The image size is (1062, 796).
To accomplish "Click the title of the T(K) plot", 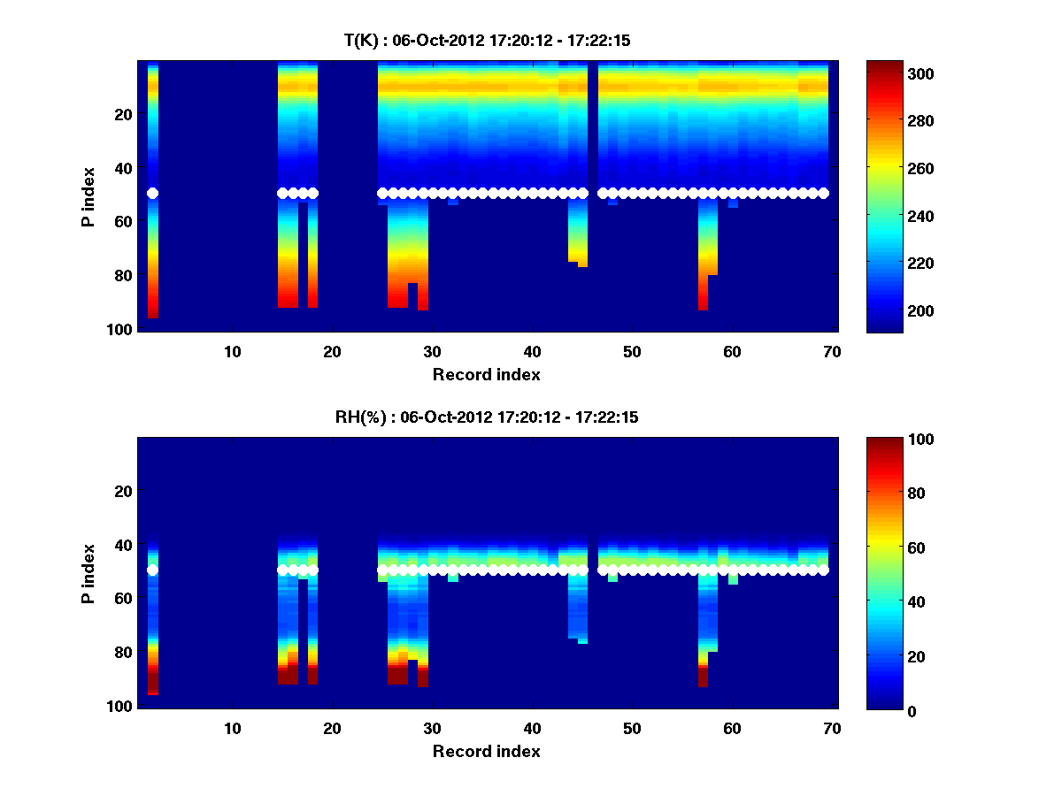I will [x=487, y=40].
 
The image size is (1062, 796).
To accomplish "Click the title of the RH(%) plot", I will [x=487, y=417].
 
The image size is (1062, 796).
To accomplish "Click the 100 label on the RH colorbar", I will [x=889, y=440].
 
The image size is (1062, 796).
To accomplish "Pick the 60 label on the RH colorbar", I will [x=886, y=548].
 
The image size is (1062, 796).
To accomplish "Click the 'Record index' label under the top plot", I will [x=487, y=374].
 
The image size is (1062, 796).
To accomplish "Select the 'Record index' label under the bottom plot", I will [x=487, y=751].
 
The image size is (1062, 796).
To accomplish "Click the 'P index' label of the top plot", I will [x=88, y=196].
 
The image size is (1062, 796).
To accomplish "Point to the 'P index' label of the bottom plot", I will [x=88, y=573].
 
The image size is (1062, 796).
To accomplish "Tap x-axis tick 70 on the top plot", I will [x=832, y=352].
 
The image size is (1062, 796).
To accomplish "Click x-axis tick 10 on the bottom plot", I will [x=232, y=729].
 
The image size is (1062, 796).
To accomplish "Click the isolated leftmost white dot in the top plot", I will [x=152, y=193].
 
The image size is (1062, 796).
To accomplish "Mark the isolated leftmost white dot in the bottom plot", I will [x=152, y=570].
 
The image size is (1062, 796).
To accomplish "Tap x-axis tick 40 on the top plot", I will [x=532, y=352].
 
